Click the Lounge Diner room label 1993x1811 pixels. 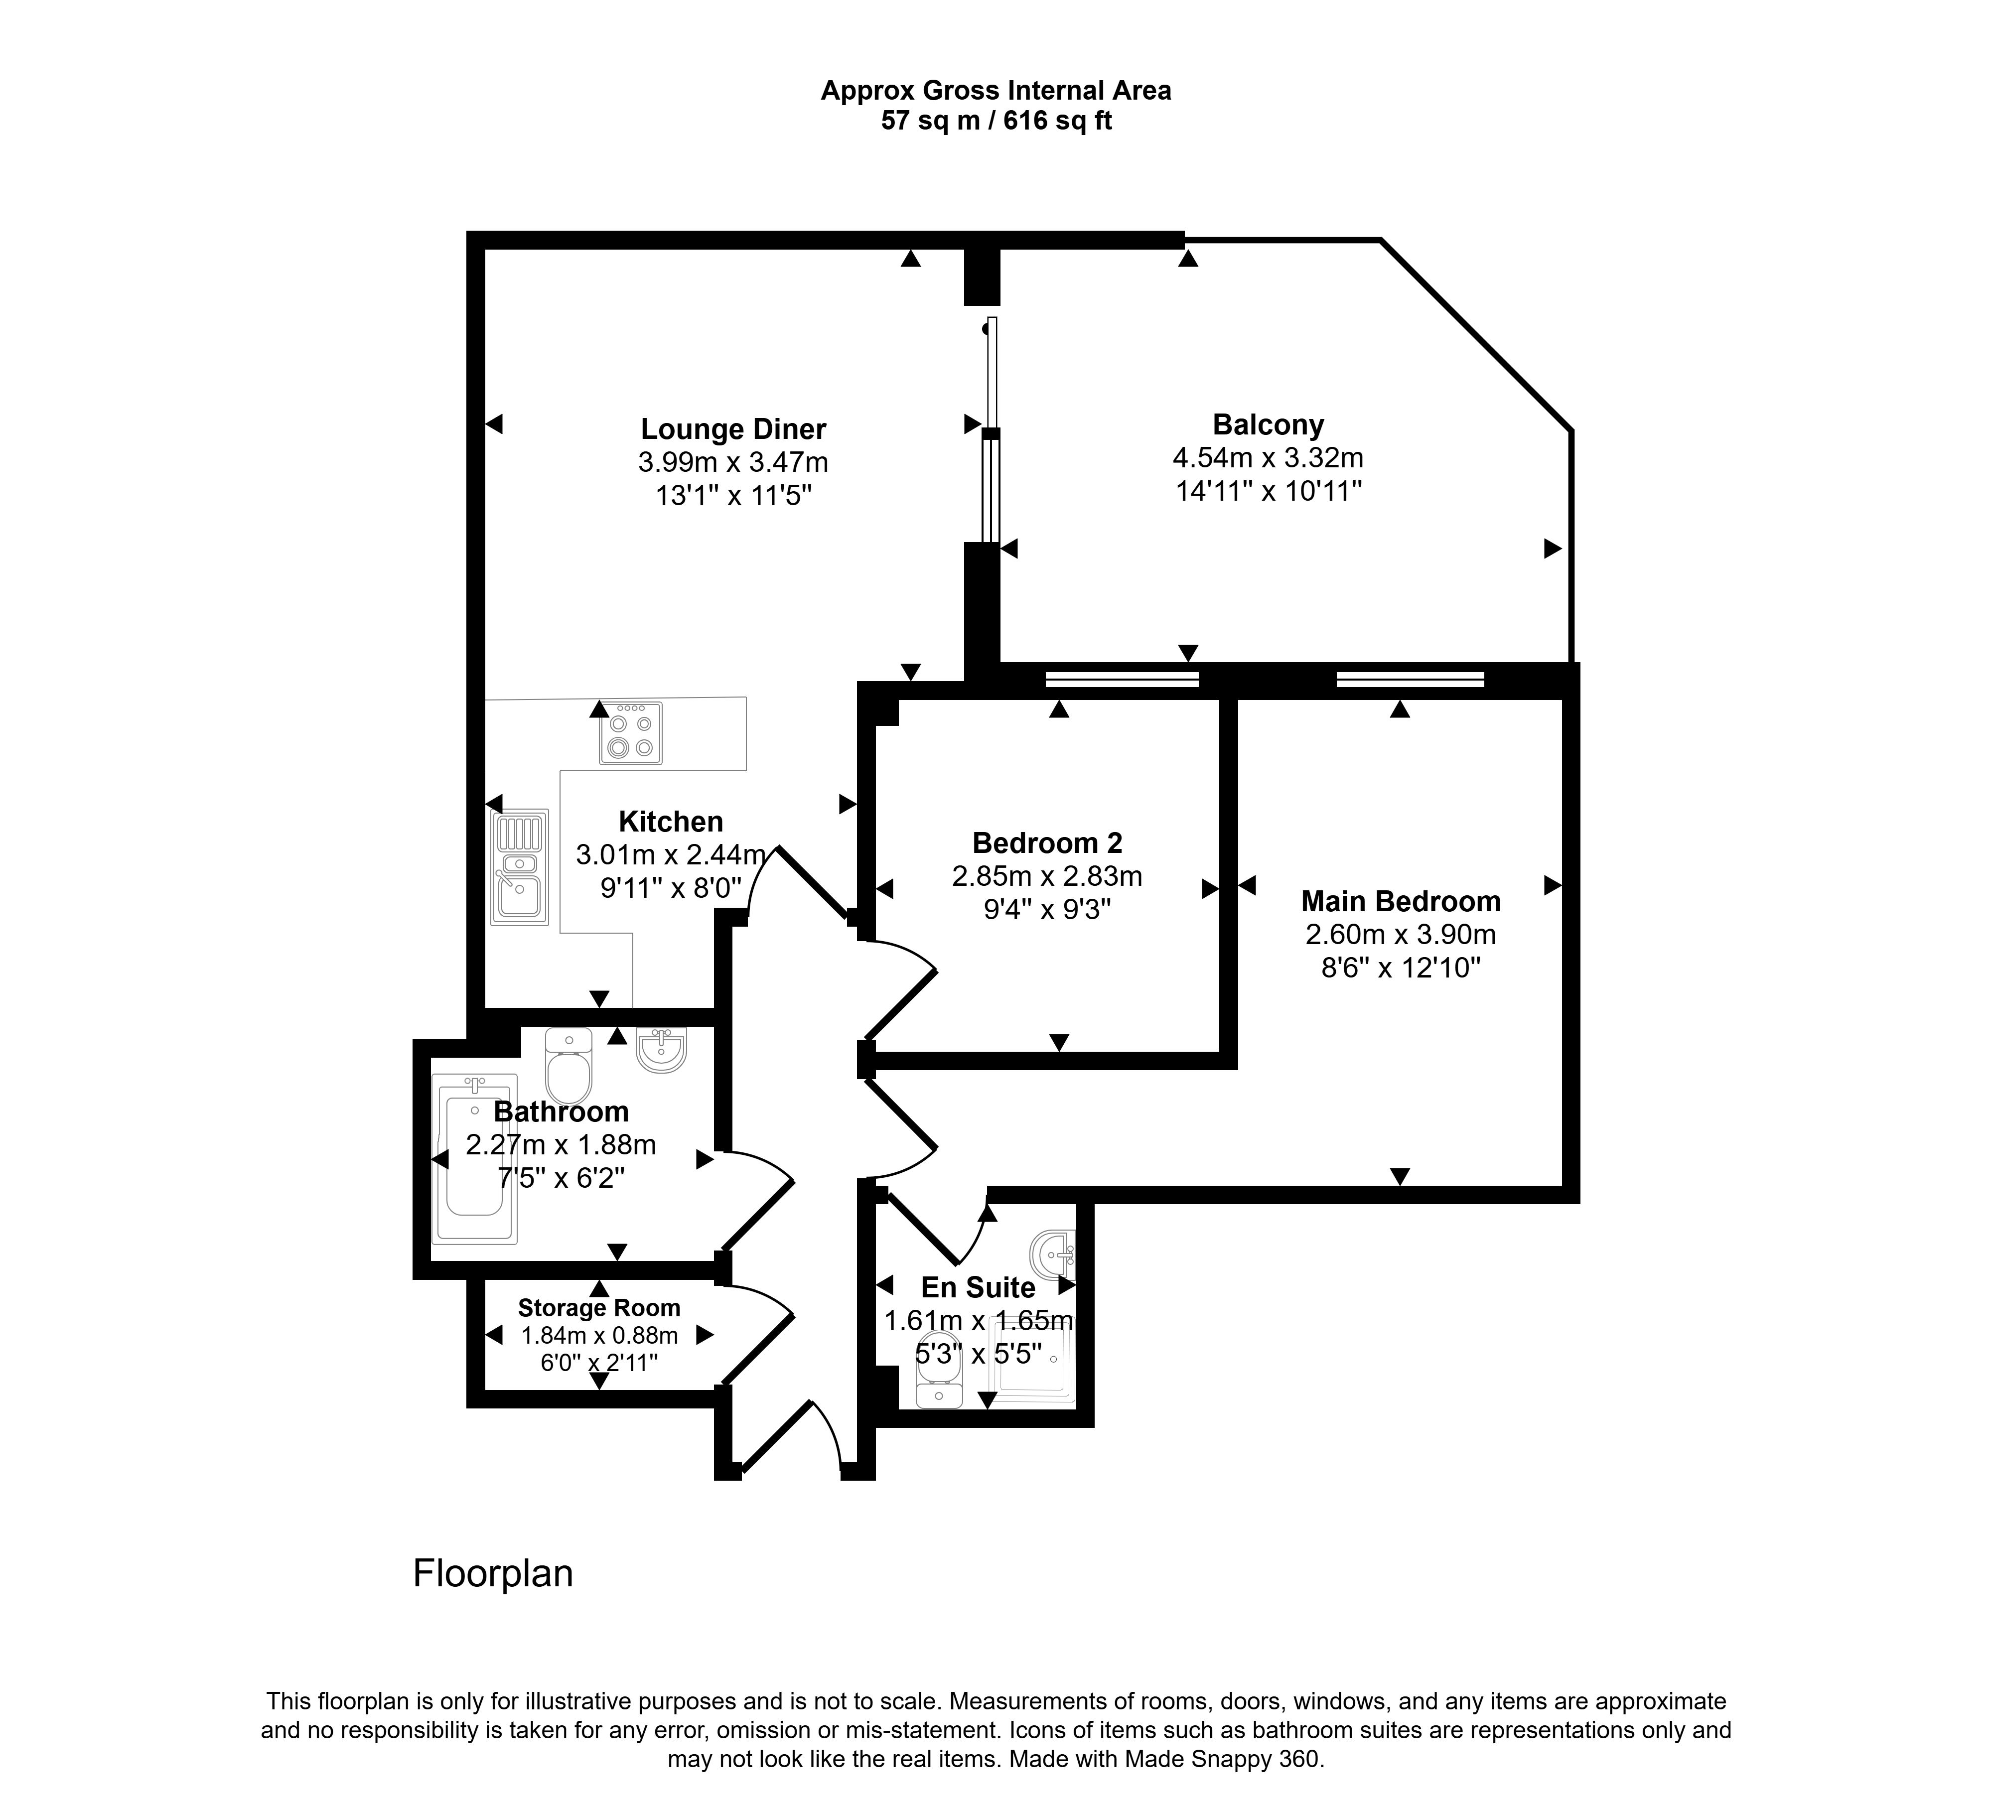(733, 429)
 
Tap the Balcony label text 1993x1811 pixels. (1269, 425)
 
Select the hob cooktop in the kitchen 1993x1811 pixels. (631, 732)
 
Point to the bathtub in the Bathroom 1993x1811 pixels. (474, 1158)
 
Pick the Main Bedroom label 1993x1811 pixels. (1401, 902)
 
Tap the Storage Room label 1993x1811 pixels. (599, 1308)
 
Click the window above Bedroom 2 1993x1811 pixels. (1122, 679)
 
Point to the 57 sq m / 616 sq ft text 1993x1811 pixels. (996, 121)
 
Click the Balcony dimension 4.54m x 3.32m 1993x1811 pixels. (1269, 458)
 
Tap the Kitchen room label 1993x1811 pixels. (671, 822)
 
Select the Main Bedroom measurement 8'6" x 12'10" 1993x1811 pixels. (1401, 967)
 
